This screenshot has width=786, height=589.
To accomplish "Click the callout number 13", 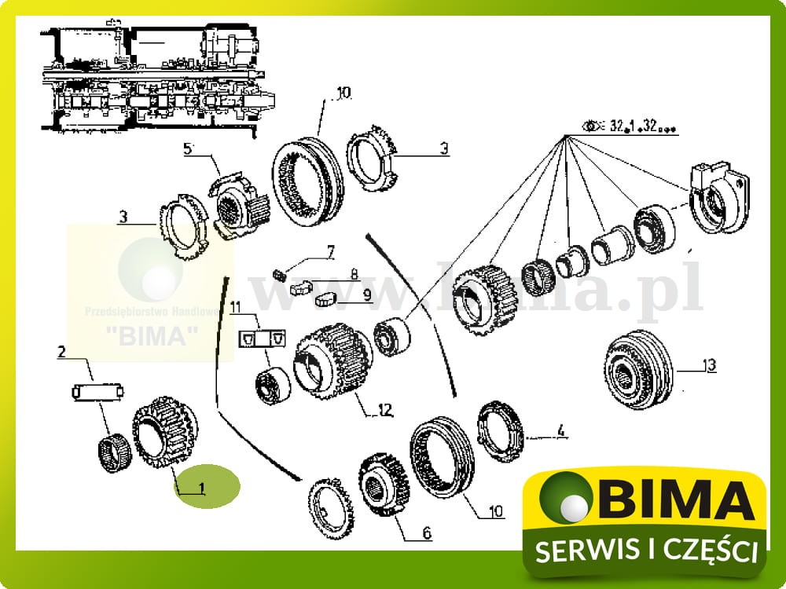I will pyautogui.click(x=710, y=365).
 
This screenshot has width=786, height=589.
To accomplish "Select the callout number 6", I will pyautogui.click(x=427, y=533).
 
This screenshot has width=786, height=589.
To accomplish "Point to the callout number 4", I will pyautogui.click(x=560, y=430).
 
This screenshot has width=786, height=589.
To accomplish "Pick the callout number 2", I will pyautogui.click(x=61, y=353).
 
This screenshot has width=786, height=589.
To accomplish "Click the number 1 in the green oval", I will pyautogui.click(x=202, y=488).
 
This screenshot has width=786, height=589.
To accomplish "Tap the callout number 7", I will pyautogui.click(x=331, y=252).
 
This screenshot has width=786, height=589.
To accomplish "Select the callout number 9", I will pyautogui.click(x=367, y=294).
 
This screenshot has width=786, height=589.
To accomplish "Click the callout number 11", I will pyautogui.click(x=235, y=306).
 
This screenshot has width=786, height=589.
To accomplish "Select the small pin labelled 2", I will pyautogui.click(x=99, y=390).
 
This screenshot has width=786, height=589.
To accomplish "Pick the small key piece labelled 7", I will pyautogui.click(x=277, y=273).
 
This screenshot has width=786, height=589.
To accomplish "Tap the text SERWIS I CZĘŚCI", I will pyautogui.click(x=646, y=551).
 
